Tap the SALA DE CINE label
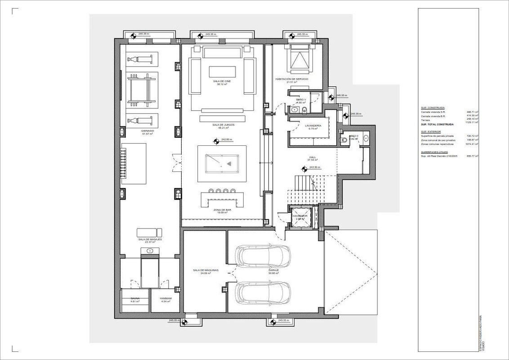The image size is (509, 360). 222,81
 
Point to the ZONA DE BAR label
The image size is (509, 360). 222,210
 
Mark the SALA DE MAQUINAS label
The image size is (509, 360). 205,270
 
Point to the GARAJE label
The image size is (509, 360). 274,270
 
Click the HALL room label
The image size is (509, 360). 312,157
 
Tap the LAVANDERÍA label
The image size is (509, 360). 312,126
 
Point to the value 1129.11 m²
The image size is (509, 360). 471,124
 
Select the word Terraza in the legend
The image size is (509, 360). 425,120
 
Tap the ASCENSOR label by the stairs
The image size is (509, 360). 300,216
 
